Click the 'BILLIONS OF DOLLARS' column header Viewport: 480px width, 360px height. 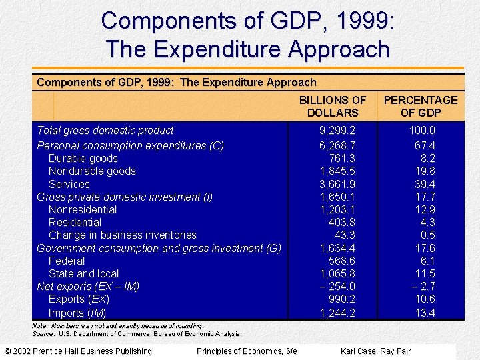pyautogui.click(x=333, y=106)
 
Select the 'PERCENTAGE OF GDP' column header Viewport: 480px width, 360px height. pyautogui.click(x=421, y=106)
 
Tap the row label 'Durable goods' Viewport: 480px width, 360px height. pyautogui.click(x=83, y=158)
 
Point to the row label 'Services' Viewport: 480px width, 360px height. pyautogui.click(x=69, y=184)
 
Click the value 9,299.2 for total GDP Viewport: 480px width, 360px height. pyautogui.click(x=337, y=131)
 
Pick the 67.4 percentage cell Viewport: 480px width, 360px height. pyautogui.click(x=425, y=145)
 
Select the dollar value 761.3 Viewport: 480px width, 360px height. pyautogui.click(x=342, y=158)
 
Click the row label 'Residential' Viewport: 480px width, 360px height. pyautogui.click(x=75, y=222)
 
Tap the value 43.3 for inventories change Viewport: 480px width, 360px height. pyautogui.click(x=345, y=235)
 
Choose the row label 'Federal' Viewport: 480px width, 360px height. pyautogui.click(x=67, y=261)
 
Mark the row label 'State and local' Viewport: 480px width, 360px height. pyautogui.click(x=83, y=273)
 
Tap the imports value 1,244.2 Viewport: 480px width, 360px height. pyautogui.click(x=337, y=313)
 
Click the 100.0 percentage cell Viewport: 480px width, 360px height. pyautogui.click(x=422, y=131)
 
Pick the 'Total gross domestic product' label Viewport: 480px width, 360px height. pyautogui.click(x=105, y=131)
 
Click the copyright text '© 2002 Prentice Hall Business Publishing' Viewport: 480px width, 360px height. pyautogui.click(x=78, y=351)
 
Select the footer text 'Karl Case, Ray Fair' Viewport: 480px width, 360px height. pyautogui.click(x=375, y=351)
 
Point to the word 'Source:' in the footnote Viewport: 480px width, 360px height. pyautogui.click(x=43, y=333)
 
